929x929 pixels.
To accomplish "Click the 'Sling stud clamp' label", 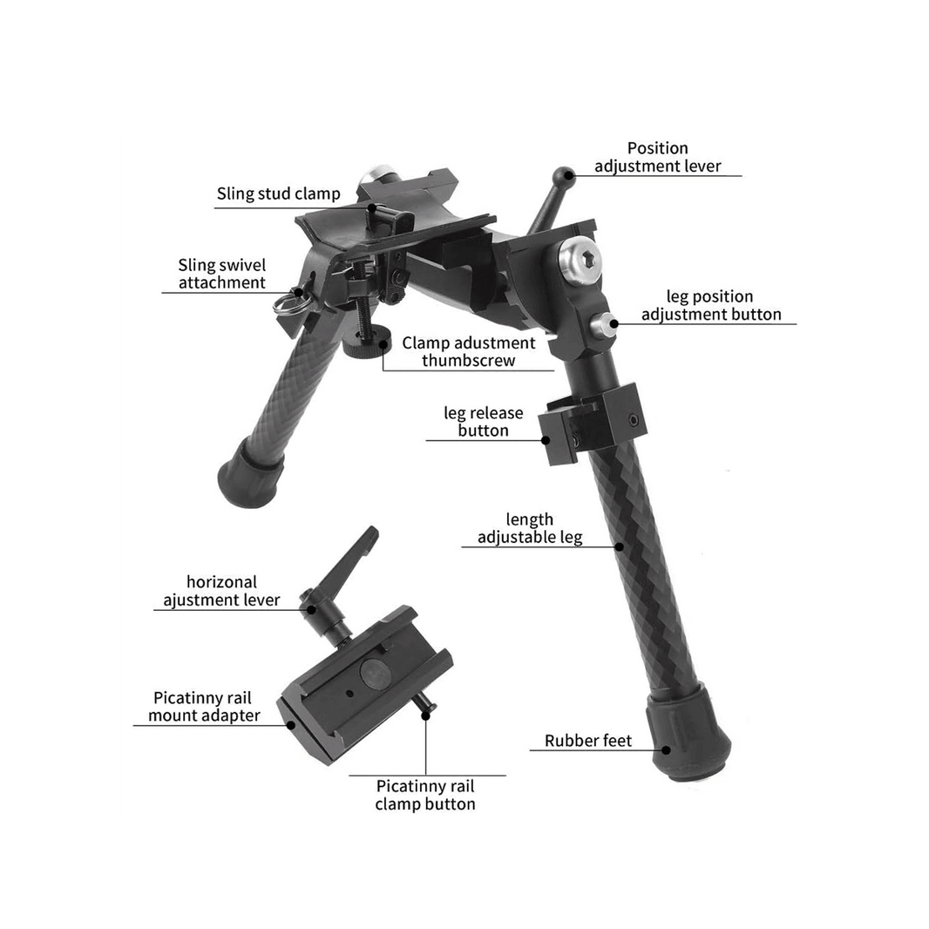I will (278, 193).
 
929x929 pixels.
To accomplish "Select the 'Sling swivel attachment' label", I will (221, 274).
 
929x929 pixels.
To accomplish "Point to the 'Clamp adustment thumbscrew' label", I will (468, 351).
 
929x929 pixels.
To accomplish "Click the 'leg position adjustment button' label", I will (710, 306).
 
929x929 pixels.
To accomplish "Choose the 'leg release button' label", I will (482, 422).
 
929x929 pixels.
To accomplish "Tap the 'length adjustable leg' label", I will (529, 529).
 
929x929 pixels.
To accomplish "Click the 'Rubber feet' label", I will (587, 741).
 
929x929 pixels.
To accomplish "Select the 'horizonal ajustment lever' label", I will (221, 591).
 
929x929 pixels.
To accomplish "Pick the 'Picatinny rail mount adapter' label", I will (204, 707).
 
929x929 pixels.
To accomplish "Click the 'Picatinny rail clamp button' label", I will (424, 794).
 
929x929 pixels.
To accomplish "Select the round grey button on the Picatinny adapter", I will (375, 675).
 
